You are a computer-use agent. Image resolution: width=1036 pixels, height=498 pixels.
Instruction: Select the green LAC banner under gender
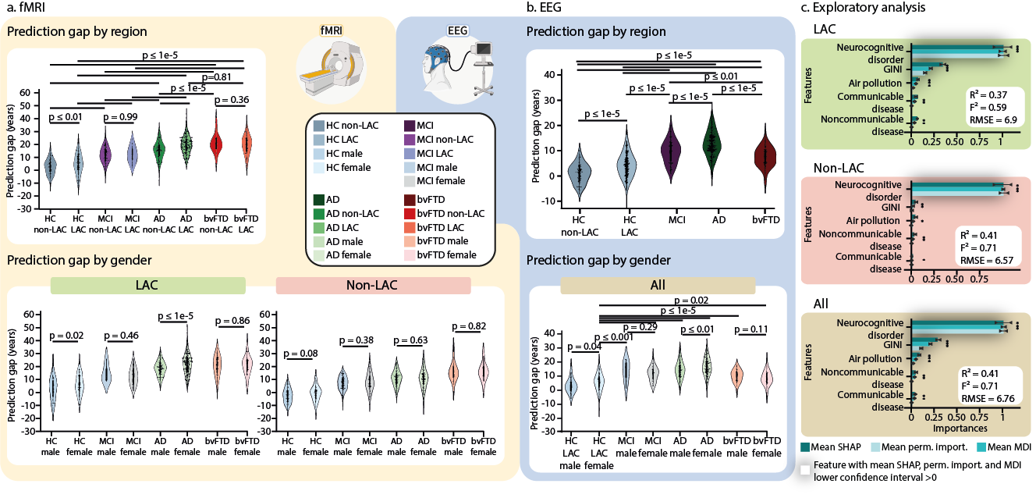click(147, 286)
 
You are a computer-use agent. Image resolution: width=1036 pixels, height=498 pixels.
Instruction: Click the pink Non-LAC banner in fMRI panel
click(374, 286)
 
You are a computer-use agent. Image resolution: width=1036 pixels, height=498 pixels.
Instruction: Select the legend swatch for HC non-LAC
click(318, 125)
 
